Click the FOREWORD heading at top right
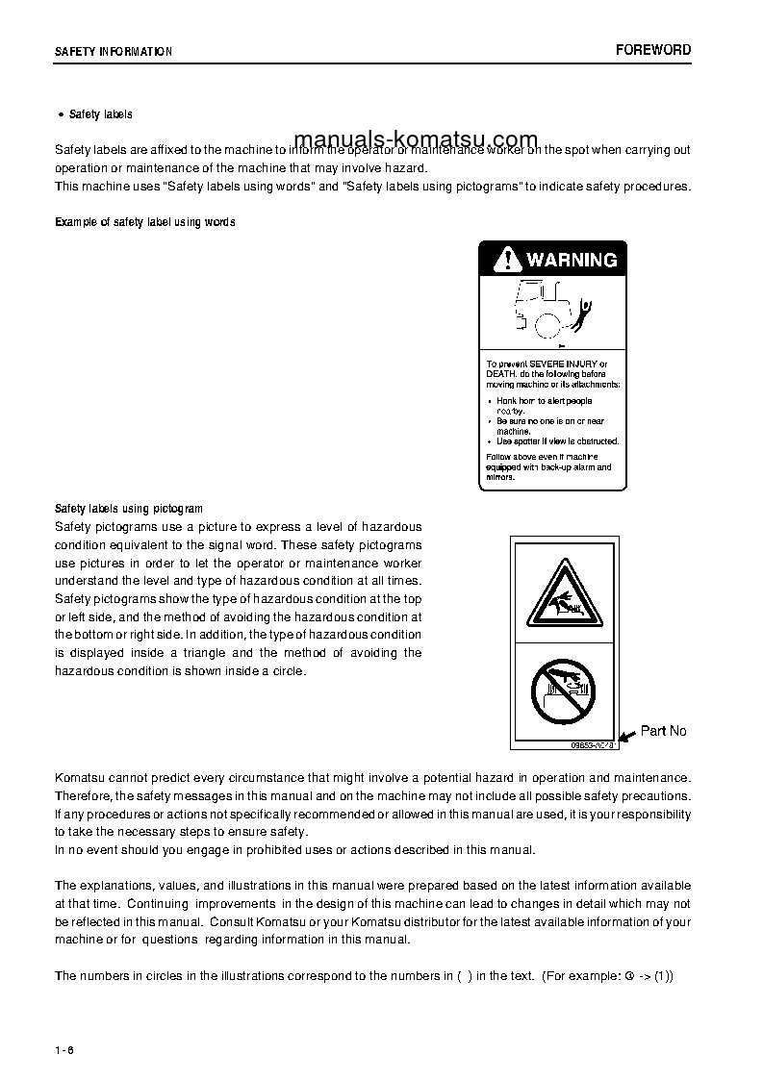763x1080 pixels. point(653,50)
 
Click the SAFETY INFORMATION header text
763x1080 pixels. point(114,52)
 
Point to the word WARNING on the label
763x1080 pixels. point(571,260)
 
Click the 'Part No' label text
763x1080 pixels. point(663,731)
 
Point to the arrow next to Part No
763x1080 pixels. point(626,736)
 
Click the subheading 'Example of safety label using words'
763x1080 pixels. point(145,222)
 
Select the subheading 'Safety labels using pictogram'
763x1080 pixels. point(129,509)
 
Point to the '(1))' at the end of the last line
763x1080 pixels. point(663,975)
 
